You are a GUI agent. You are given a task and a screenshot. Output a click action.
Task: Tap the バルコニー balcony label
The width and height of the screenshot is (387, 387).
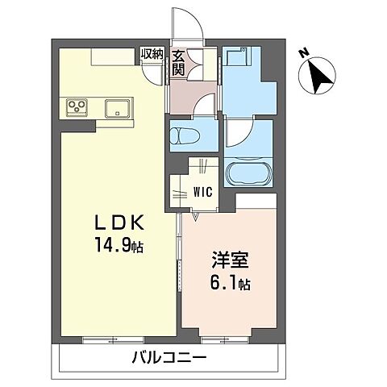(x=170, y=356)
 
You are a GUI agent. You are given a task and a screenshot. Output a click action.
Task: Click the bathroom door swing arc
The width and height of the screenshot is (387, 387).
(x=239, y=133)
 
